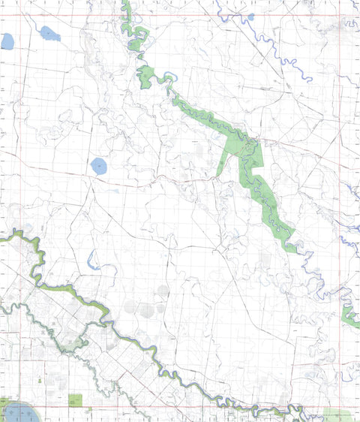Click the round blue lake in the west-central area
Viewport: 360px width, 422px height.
coord(98,165)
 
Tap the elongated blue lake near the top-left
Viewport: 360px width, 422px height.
coord(49,33)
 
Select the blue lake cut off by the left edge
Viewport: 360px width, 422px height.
coord(7,41)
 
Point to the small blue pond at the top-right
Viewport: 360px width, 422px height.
coord(250,16)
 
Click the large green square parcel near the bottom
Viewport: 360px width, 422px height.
coord(75,400)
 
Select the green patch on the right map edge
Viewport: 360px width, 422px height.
coord(349,315)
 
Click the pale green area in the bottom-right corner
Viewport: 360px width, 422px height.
coord(341,415)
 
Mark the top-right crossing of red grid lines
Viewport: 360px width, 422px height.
coord(339,16)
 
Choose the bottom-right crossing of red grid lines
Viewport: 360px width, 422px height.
coord(339,406)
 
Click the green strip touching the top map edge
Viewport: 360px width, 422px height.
coord(125,8)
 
